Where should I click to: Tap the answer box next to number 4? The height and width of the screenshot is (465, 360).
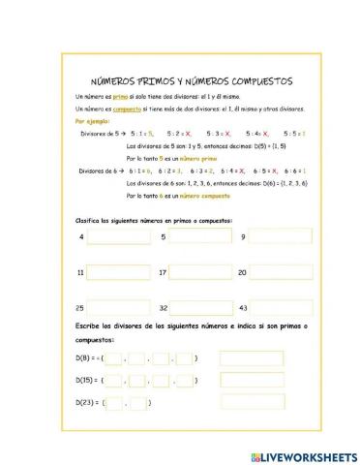click(x=117, y=236)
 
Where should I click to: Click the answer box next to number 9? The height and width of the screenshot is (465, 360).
click(x=281, y=236)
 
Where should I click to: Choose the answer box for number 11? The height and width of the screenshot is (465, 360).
click(x=118, y=272)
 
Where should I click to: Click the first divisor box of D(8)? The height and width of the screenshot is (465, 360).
click(x=114, y=358)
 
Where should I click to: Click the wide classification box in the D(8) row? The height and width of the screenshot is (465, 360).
click(x=252, y=358)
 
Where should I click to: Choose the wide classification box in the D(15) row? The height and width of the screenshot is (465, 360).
click(x=252, y=381)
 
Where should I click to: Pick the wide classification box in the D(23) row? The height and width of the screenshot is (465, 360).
click(x=252, y=403)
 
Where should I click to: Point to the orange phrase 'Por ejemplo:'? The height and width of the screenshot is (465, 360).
click(x=93, y=123)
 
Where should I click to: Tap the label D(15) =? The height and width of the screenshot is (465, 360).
click(x=88, y=381)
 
